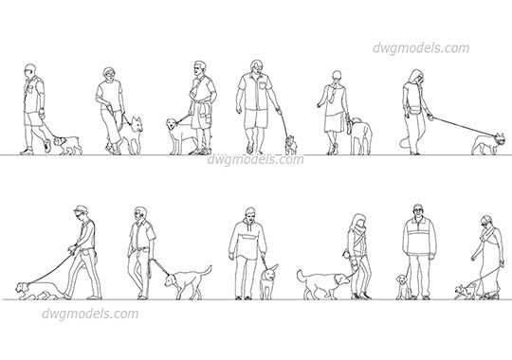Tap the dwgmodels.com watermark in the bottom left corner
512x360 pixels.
click(90, 314)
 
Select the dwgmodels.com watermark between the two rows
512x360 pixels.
click(255, 159)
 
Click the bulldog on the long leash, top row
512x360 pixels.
click(488, 142)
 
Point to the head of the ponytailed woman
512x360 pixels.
click(336, 79)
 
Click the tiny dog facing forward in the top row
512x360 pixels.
click(291, 144)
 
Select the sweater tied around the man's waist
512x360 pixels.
click(201, 116)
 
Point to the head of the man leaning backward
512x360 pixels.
click(86, 214)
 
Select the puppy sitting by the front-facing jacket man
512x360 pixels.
click(403, 285)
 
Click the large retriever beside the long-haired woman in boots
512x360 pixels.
click(320, 282)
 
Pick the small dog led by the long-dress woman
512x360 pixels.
click(466, 289)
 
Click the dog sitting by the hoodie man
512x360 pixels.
click(269, 280)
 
